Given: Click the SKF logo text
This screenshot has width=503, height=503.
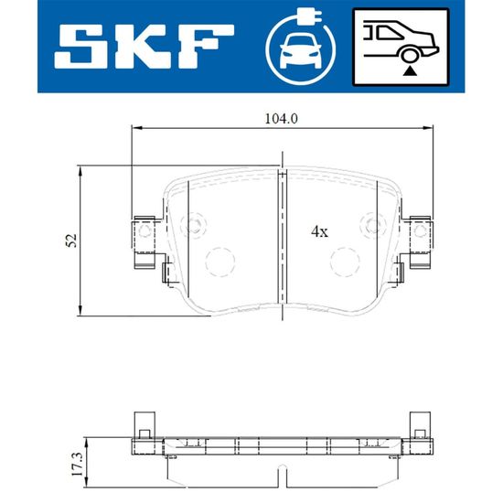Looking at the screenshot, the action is coord(144,47).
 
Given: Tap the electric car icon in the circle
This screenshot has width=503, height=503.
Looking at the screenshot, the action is coord(301,51).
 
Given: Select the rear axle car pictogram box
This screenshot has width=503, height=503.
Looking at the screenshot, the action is coord(401,48).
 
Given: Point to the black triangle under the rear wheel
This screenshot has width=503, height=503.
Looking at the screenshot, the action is coord(410,71).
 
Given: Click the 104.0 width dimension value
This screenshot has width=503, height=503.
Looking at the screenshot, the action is coord(282,119).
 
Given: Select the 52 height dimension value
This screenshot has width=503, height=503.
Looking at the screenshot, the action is coord(71,241).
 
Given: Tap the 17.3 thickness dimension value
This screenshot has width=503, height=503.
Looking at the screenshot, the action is coord(78,464).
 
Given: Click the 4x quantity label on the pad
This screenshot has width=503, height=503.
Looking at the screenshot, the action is coord(319,231).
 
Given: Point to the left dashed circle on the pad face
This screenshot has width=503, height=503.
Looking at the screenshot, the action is coord(220,262).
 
